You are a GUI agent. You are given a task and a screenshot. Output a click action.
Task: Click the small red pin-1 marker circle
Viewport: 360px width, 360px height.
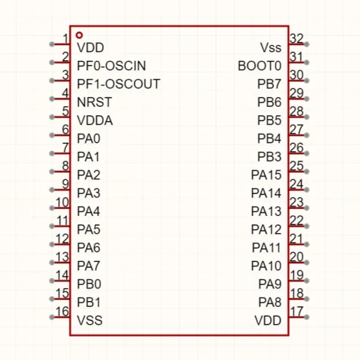click(x=79, y=35)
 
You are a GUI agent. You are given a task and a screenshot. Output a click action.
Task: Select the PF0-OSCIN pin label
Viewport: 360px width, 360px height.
click(x=111, y=66)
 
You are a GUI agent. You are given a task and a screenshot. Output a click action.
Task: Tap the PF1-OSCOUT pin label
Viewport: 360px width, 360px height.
click(x=118, y=84)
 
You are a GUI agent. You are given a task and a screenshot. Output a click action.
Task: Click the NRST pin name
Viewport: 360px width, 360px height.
click(x=94, y=102)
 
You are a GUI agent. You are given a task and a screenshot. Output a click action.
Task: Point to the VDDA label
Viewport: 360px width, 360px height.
click(x=95, y=120)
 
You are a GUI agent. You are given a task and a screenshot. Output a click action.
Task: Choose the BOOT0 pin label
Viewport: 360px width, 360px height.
click(x=259, y=66)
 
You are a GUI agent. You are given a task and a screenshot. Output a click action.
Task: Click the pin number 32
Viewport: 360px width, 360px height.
click(x=297, y=39)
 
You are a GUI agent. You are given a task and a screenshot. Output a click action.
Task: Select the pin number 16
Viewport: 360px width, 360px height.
click(x=62, y=312)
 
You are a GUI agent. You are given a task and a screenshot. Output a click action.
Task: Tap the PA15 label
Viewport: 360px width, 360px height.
click(x=266, y=175)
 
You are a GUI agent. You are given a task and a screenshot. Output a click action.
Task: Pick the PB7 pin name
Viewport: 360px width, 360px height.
click(x=269, y=84)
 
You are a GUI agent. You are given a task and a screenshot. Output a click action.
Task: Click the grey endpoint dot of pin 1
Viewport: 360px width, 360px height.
click(x=52, y=44)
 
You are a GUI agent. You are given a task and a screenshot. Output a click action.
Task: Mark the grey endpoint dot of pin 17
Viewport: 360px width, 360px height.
click(x=306, y=317)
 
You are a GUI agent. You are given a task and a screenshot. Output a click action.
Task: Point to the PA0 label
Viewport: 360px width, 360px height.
click(x=88, y=139)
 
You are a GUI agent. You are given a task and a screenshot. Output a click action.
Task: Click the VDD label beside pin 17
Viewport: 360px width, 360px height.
click(x=268, y=320)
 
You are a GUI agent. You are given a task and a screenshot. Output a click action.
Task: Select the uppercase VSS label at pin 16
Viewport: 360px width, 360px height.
click(x=90, y=320)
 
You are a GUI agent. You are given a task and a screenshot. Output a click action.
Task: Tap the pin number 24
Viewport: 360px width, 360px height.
click(x=297, y=184)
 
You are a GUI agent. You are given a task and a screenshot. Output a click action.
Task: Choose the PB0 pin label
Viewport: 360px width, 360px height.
click(x=89, y=284)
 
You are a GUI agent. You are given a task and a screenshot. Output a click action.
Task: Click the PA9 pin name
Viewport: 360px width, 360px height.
click(x=270, y=284)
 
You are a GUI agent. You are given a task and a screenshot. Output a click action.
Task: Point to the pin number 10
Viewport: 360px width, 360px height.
click(x=62, y=202)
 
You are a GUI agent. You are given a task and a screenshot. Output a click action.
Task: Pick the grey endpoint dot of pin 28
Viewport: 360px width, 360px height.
click(x=306, y=117)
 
